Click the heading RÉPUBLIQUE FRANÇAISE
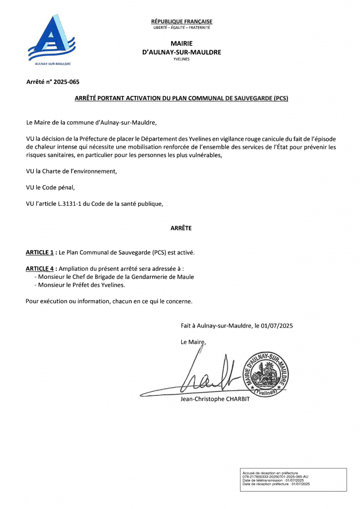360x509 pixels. tap(181, 21)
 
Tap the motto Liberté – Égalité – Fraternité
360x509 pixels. tap(181, 27)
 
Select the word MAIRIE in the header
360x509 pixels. tap(181, 44)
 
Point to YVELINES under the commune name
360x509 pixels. tap(181, 59)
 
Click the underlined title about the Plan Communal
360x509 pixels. tap(181, 98)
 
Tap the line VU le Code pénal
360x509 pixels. tap(50, 187)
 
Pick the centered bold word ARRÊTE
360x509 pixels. tap(181, 228)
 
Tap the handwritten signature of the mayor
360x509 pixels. tap(209, 375)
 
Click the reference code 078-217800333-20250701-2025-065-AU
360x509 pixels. tap(275, 476)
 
